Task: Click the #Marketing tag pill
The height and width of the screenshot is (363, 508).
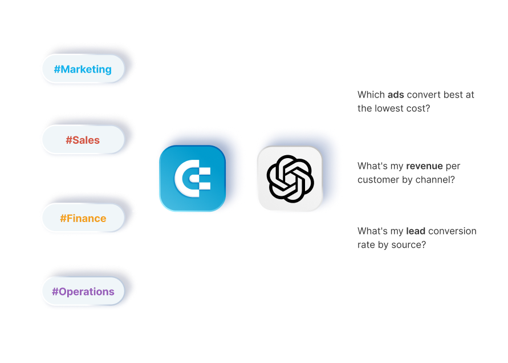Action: pos(83,70)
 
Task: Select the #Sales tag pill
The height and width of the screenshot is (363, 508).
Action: pos(83,140)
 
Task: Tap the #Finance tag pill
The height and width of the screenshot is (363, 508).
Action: pos(83,218)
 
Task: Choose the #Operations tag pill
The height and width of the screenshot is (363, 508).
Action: pos(83,292)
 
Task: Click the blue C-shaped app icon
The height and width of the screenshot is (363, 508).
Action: pos(192,179)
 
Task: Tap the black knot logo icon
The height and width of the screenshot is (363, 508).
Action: pos(289,179)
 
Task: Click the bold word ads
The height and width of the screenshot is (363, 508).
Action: pos(396,95)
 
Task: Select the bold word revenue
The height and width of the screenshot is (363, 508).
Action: pos(425,166)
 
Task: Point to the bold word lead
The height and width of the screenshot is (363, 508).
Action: pos(416,231)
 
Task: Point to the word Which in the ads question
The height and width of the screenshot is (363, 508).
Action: pos(371,95)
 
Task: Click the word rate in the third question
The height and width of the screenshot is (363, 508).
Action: pos(367,245)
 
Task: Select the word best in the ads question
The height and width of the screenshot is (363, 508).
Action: pos(453,95)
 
